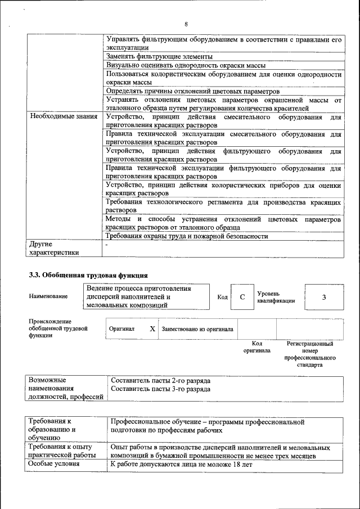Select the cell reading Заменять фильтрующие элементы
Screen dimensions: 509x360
tap(159, 57)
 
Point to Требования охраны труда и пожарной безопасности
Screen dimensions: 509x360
tap(187, 236)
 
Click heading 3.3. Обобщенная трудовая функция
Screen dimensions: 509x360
tap(88, 275)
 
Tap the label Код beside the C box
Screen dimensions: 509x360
tap(222, 297)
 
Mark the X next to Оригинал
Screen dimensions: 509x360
tap(152, 328)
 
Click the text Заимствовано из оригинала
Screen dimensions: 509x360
tap(197, 328)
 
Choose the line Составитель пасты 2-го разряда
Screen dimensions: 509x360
tap(161, 380)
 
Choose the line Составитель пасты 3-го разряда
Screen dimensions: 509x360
tap(161, 389)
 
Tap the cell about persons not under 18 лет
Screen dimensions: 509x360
tap(181, 465)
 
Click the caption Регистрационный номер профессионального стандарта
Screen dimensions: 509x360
tap(310, 354)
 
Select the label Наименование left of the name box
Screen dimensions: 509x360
tap(49, 296)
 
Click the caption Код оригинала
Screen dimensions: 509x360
tap(256, 346)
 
